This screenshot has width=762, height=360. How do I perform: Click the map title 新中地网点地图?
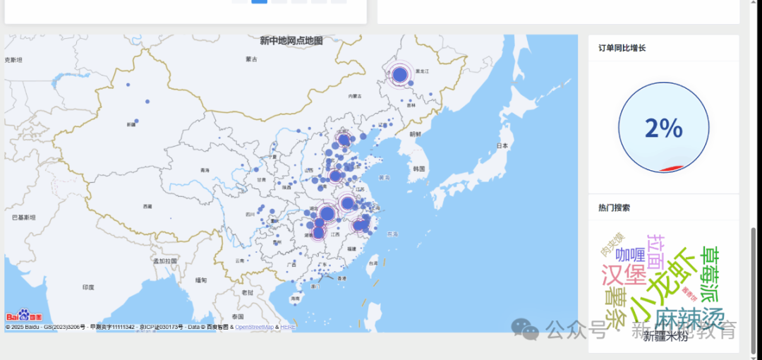pos(291,41)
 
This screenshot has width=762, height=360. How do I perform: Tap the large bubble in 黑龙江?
pos(400,74)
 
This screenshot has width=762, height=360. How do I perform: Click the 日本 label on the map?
pos(502,145)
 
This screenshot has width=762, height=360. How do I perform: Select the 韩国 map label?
pos(419,169)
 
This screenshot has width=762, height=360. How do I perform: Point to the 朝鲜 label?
pos(415,133)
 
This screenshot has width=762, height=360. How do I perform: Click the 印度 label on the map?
pos(88,287)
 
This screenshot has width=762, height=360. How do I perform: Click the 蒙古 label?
pos(251,59)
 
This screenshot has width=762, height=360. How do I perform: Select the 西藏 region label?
pos(147,206)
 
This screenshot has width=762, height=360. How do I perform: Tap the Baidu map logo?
pos(24,316)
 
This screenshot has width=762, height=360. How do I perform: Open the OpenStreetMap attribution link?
pos(254,327)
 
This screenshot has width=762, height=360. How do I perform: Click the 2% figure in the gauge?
pos(663,128)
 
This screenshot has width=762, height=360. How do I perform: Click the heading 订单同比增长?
pos(622,48)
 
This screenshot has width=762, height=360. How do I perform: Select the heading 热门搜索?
pos(614,208)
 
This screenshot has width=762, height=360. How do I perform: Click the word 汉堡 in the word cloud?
pos(624,274)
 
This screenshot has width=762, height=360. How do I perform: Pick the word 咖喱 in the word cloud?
pos(630,254)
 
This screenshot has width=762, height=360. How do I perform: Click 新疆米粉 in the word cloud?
pos(665,337)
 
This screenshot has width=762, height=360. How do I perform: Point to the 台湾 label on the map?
pos(372,263)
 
